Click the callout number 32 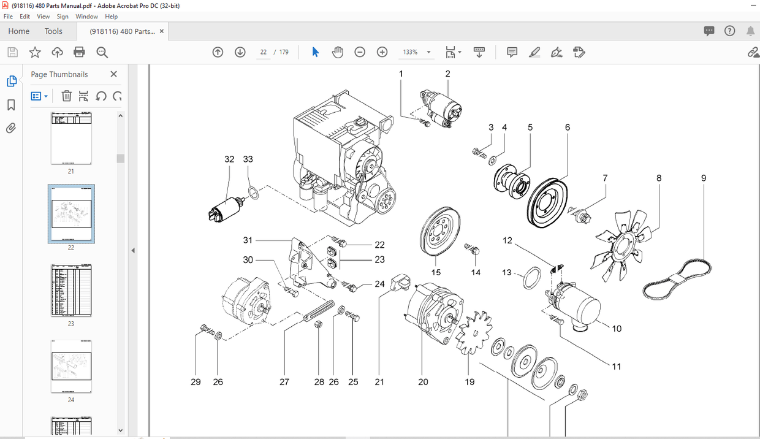pos(229,159)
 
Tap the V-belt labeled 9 pos(678,279)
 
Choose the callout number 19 pos(469,382)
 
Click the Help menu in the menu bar pos(111,17)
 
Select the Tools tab pos(53,31)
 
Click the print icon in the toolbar pos(79,52)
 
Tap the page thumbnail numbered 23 pos(71,291)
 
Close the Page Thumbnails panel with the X pos(113,74)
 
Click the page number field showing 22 pos(264,52)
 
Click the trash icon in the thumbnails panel pos(67,96)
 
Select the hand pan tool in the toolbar pos(338,52)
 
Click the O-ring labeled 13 pos(531,277)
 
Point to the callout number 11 pos(617,366)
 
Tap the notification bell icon pos(751,31)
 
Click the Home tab pos(19,31)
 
